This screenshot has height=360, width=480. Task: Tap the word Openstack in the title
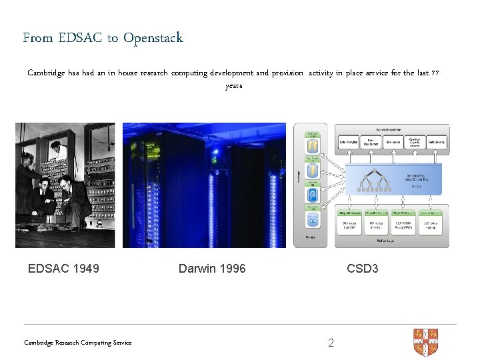(153, 38)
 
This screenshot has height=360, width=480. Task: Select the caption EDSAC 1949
(63, 269)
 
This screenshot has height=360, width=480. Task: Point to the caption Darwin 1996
(212, 269)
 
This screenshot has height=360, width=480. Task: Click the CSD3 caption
(363, 269)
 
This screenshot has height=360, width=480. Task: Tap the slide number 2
(331, 343)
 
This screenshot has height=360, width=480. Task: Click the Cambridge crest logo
(425, 341)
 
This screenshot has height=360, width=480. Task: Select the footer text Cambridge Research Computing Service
(78, 343)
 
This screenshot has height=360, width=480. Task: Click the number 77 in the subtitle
(435, 73)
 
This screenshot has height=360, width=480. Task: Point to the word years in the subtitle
(234, 86)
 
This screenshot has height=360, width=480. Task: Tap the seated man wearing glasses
(43, 193)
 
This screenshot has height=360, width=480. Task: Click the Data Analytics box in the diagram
(350, 142)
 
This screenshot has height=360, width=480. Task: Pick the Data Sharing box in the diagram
(437, 142)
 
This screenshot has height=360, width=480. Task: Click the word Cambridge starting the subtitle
(46, 73)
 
